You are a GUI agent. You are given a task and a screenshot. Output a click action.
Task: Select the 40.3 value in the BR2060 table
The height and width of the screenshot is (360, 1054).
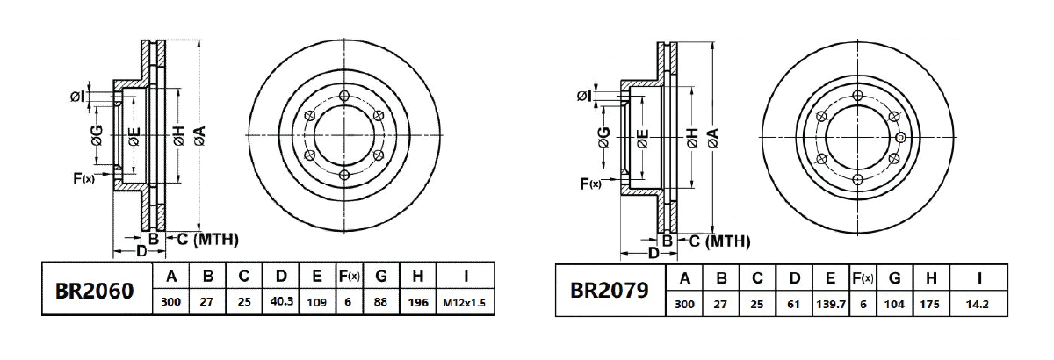281,304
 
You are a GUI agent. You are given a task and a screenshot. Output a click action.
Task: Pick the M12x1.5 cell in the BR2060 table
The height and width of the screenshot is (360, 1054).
466,304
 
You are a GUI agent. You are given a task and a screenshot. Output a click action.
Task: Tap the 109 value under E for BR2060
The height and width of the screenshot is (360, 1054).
317,304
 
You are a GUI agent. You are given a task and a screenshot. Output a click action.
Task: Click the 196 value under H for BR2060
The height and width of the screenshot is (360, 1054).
418,304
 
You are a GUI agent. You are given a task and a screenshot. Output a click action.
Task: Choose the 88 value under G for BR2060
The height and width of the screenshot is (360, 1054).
381,304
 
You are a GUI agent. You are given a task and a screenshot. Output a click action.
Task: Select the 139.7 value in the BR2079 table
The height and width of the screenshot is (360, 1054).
830,304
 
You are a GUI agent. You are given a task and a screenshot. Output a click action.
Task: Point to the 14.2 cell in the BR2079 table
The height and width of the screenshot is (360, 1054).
978,304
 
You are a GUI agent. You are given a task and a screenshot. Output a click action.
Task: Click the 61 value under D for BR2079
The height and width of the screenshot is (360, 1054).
794,304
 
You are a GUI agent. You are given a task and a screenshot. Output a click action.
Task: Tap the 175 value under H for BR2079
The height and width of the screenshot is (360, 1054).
931,304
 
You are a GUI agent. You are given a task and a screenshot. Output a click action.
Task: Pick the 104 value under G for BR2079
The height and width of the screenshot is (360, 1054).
895,304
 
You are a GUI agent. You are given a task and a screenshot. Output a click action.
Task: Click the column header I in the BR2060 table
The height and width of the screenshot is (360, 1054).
466,277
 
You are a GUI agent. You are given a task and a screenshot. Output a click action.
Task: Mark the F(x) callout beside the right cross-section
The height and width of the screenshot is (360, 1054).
590,184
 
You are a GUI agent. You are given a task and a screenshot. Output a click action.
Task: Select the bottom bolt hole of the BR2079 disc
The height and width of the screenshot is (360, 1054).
857,178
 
